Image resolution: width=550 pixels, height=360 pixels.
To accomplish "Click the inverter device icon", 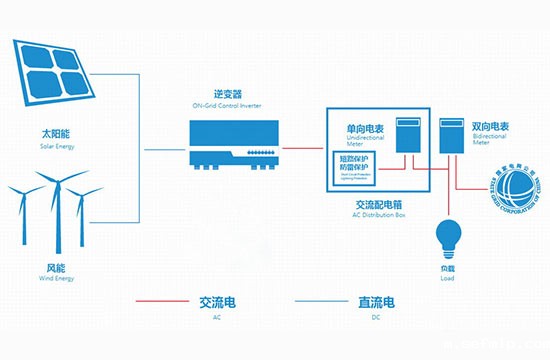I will pyautogui.click(x=231, y=144).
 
